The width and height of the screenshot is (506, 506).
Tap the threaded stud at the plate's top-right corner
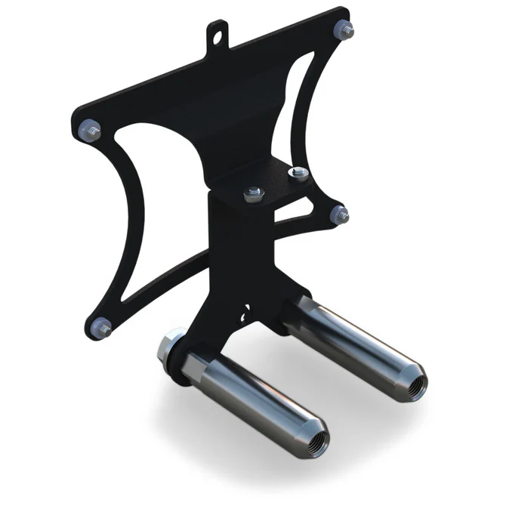tap(344, 30)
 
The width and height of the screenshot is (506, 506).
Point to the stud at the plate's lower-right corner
tap(339, 214)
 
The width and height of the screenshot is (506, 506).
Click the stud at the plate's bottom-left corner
tap(101, 326)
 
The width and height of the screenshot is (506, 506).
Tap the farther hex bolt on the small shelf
tap(299, 174)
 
